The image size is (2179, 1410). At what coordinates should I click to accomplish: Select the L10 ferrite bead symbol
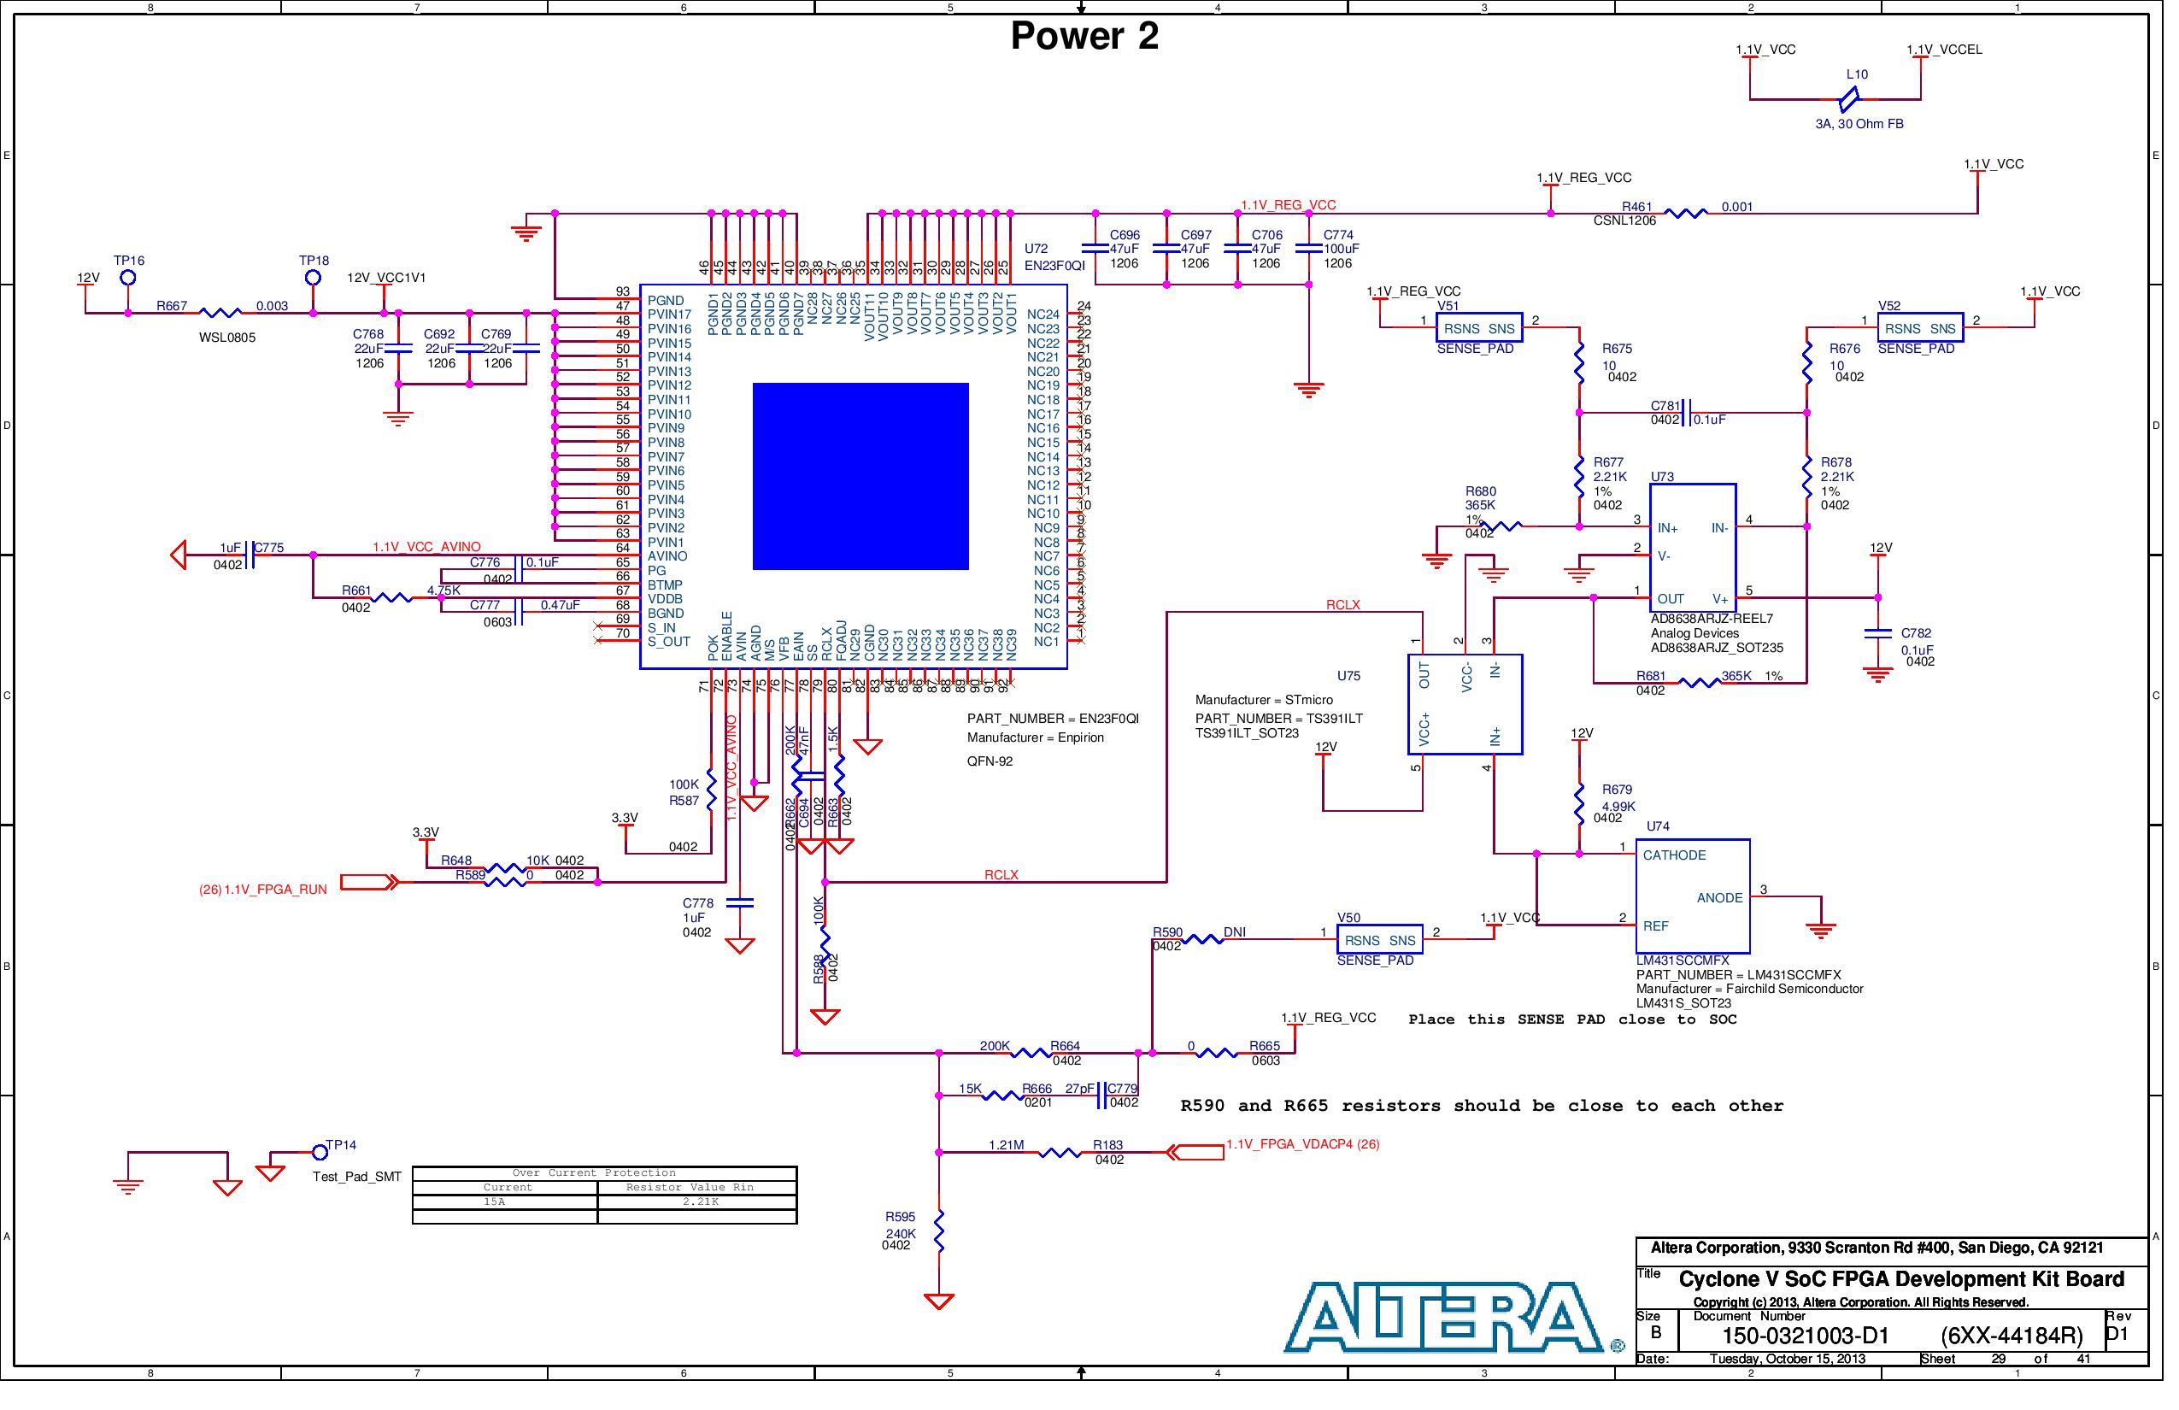pos(1861,99)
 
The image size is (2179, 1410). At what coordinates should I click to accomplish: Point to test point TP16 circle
pos(129,279)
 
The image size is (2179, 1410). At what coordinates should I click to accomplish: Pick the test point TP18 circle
pos(315,279)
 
